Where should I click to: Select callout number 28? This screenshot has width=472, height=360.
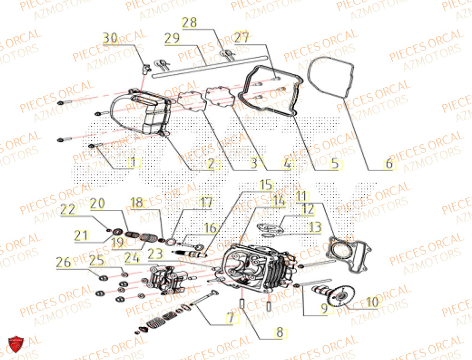191,23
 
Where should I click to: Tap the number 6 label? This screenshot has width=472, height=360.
388,164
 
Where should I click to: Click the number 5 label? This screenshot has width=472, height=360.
334,164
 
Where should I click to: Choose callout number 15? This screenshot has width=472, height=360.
266,184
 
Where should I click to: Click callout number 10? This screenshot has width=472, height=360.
372,302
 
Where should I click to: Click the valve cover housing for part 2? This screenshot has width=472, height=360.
142,113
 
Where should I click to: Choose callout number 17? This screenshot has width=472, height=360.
205,202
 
